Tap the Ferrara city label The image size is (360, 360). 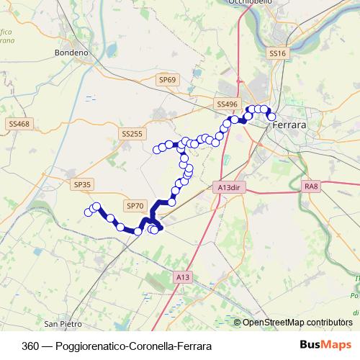click(289, 125)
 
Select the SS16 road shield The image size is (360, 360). click(278, 54)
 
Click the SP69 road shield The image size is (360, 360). click(168, 80)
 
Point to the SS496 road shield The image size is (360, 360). click(227, 104)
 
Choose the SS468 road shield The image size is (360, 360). click(19, 124)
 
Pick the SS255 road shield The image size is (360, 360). click(132, 134)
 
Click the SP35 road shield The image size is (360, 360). click(83, 184)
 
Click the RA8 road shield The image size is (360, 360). click(311, 186)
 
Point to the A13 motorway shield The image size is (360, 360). click(183, 276)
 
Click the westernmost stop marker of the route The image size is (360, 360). click(89, 212)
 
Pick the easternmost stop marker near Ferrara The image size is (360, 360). click(272, 117)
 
